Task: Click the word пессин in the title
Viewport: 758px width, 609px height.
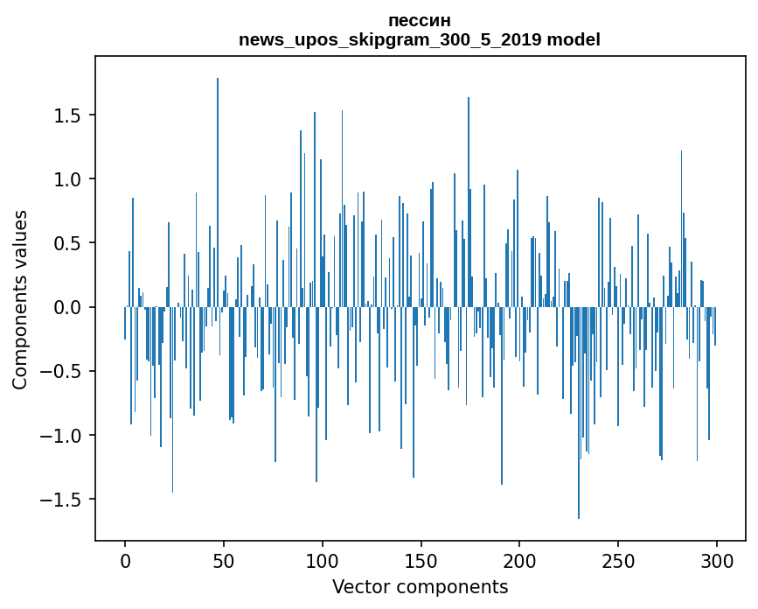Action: [x=420, y=20]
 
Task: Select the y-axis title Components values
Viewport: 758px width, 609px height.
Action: [x=20, y=299]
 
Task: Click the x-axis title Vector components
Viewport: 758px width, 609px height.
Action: [x=420, y=586]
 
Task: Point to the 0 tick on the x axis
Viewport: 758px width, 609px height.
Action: [x=125, y=560]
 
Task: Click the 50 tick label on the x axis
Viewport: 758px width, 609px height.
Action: [x=224, y=560]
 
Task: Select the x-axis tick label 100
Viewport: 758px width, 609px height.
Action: [x=323, y=560]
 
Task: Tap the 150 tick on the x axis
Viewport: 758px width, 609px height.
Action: [x=421, y=560]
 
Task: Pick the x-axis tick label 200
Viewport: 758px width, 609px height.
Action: [x=519, y=560]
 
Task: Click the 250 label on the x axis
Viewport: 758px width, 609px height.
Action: [x=618, y=560]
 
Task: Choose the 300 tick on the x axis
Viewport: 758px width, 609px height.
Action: [x=717, y=560]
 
